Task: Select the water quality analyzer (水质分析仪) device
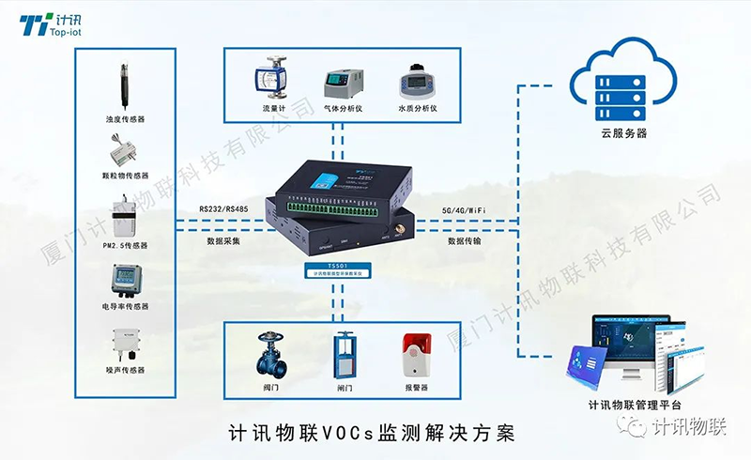[x=413, y=83]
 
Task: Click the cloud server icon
[x=623, y=77]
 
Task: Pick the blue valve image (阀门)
[x=272, y=352]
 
